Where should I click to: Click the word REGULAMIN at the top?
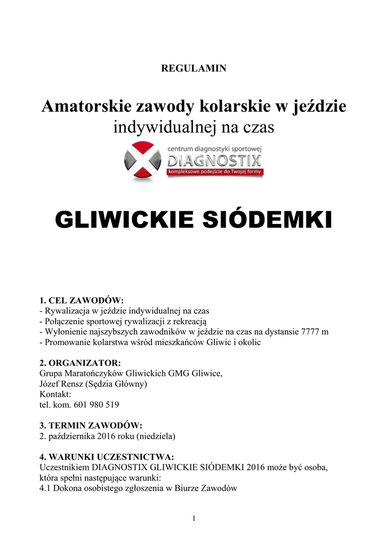tap(194, 68)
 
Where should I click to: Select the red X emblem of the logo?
tap(142, 162)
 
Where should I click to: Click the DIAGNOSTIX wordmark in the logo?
tap(214, 160)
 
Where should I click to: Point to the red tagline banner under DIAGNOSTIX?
tap(214, 172)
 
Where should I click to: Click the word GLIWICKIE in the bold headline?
tap(124, 219)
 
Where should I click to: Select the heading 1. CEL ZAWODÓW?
tap(82, 301)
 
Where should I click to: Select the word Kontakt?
tap(55, 395)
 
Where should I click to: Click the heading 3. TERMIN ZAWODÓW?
tap(91, 425)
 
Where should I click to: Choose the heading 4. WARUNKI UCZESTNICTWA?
tap(107, 457)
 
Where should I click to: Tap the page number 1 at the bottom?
tap(194, 520)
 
